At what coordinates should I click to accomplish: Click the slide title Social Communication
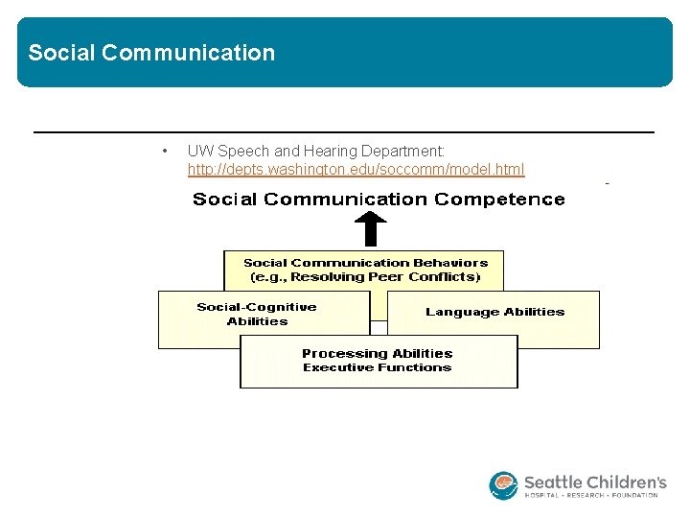(151, 53)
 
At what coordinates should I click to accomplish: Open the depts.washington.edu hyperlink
(356, 170)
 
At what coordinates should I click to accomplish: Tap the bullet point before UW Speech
(166, 152)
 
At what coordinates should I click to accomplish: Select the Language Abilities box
(494, 319)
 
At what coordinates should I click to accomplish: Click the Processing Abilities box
(378, 361)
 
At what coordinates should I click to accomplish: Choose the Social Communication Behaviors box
(364, 270)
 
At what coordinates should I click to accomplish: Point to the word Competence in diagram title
(499, 200)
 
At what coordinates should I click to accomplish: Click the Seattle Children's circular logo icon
(503, 485)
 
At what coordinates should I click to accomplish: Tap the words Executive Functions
(377, 367)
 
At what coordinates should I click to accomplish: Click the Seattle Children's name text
(594, 482)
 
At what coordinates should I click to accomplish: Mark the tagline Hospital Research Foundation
(591, 495)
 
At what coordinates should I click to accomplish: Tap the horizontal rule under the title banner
(343, 131)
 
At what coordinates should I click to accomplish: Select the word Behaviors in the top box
(450, 263)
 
